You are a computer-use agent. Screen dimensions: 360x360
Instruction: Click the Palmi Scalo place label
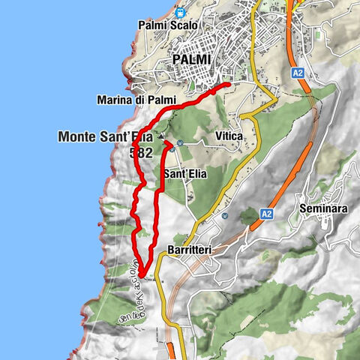point(168,25)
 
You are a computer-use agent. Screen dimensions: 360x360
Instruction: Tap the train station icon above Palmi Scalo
point(179,11)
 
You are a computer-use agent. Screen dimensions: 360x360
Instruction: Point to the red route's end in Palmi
point(227,85)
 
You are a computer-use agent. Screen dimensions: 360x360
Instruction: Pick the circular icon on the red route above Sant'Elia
point(172,149)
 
